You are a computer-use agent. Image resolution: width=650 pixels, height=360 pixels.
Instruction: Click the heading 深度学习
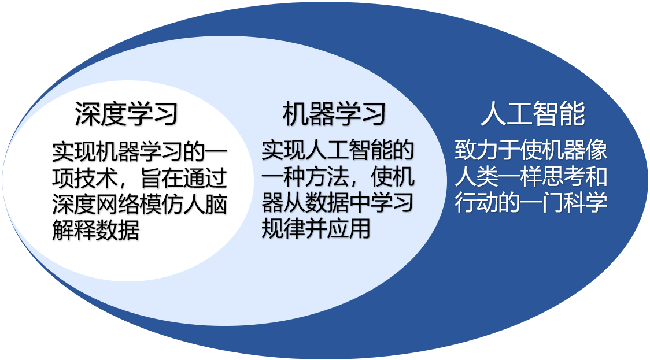coord(127,114)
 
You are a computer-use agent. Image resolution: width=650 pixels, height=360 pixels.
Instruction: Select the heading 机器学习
coord(334,114)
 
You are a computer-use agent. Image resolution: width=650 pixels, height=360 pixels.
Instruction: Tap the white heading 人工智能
coord(533,114)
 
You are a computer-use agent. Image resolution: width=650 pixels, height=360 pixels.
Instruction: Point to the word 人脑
coord(205,205)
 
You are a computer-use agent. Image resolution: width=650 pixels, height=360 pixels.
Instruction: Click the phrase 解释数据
coord(96,231)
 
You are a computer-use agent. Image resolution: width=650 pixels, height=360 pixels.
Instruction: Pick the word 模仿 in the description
coord(161,205)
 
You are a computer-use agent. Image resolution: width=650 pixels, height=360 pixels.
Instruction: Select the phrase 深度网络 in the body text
coord(96,205)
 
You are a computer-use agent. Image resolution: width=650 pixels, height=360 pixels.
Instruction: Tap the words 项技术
coord(85,178)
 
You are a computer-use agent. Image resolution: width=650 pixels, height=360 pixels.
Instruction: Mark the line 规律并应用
coord(316,229)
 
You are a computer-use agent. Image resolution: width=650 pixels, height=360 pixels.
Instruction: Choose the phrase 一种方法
coord(305,177)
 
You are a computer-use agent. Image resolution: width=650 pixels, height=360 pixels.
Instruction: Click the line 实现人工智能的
coord(338,150)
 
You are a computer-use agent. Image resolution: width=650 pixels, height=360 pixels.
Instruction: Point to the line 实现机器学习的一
coord(140,152)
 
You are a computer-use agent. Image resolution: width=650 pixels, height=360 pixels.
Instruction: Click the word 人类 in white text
coord(477,177)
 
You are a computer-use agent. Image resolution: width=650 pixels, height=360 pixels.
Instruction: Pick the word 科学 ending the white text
coord(586,203)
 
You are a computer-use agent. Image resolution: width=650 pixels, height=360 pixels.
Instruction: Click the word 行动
coord(477,203)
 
